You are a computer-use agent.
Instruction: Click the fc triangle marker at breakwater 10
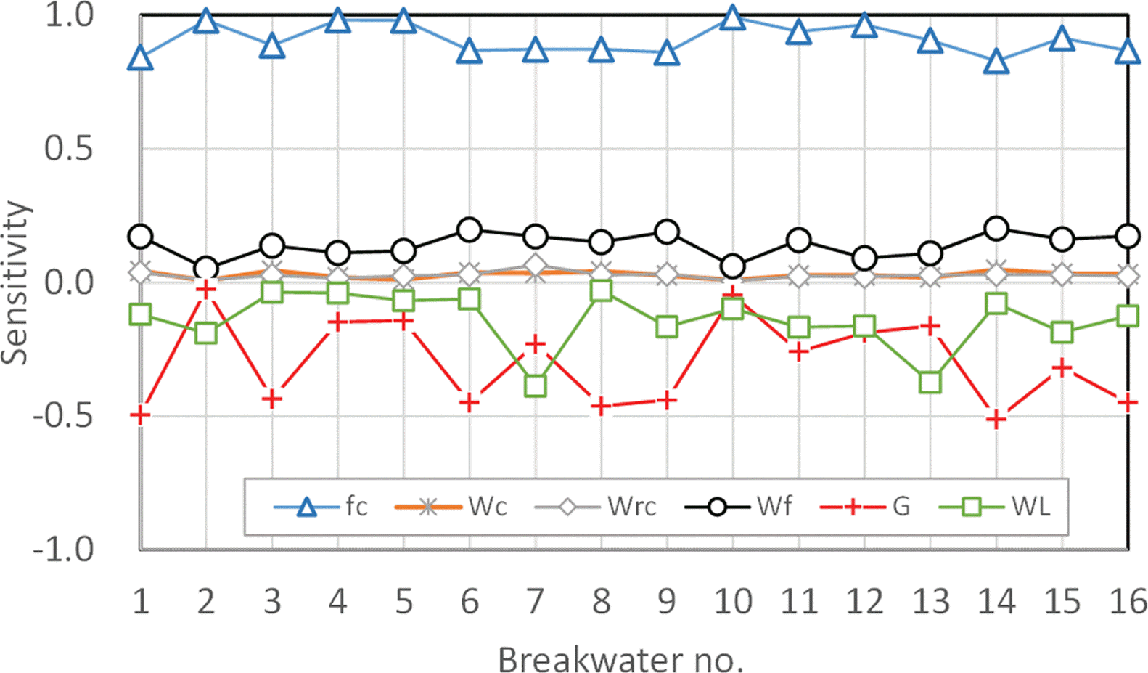tap(733, 17)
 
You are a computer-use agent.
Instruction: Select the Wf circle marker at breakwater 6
tap(470, 230)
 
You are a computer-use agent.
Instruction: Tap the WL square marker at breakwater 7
tap(536, 385)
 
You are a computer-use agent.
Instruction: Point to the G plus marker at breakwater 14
tap(996, 419)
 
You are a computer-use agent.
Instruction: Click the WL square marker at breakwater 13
tap(930, 382)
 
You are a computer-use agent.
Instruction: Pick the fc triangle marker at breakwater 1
tap(140, 59)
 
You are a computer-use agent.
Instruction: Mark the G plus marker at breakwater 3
tap(272, 399)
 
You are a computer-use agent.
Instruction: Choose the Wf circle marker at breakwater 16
tap(1128, 236)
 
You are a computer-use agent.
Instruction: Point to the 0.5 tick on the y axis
tap(69, 149)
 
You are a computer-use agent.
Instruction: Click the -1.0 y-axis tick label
tap(64, 550)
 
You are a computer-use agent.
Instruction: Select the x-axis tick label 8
tap(602, 602)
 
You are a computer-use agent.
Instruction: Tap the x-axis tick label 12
tap(864, 602)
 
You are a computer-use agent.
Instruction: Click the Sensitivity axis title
tap(16, 282)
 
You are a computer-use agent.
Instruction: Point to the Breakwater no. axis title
tap(620, 659)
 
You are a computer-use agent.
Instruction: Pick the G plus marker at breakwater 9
tap(667, 399)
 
